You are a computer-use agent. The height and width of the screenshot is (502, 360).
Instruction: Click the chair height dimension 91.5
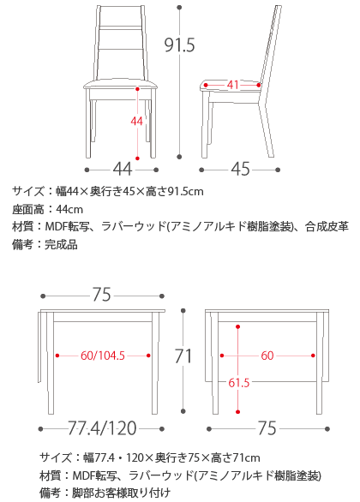pos(179,45)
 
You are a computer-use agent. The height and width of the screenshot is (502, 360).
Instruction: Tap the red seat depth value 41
pos(233,85)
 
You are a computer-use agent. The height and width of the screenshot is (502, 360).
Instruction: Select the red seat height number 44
pos(137,122)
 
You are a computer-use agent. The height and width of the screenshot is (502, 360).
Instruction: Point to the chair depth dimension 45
pos(240,169)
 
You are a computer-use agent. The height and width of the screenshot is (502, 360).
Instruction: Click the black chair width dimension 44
pos(123,169)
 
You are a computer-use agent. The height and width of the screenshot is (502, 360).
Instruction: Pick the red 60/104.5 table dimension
pos(103,356)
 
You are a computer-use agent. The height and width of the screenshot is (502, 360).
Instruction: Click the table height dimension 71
pos(183,356)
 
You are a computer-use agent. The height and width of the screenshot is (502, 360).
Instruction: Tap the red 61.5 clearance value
pos(238,383)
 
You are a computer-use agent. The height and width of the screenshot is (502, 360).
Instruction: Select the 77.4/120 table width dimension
pos(102,428)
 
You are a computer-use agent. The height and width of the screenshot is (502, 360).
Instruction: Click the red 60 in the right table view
pos(267,356)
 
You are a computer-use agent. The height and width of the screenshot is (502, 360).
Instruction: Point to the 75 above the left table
pos(101,295)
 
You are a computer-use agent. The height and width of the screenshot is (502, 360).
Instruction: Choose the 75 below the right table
pos(267,428)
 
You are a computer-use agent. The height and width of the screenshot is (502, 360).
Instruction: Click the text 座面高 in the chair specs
pos(28,209)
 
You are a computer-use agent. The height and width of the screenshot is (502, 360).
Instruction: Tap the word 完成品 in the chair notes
pos(61,245)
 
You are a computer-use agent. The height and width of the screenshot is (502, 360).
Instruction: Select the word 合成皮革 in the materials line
pos(327,227)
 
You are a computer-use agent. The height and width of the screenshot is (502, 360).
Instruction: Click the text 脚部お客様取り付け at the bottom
pos(121,493)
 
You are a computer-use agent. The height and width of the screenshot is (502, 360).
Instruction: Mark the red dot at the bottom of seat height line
pos(137,158)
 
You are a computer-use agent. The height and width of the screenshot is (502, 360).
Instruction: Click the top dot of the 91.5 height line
pos(179,7)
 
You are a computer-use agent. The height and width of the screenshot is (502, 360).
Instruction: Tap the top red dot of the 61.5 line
pos(237,326)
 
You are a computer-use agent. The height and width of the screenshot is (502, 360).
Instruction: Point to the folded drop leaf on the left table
pos(39,346)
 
